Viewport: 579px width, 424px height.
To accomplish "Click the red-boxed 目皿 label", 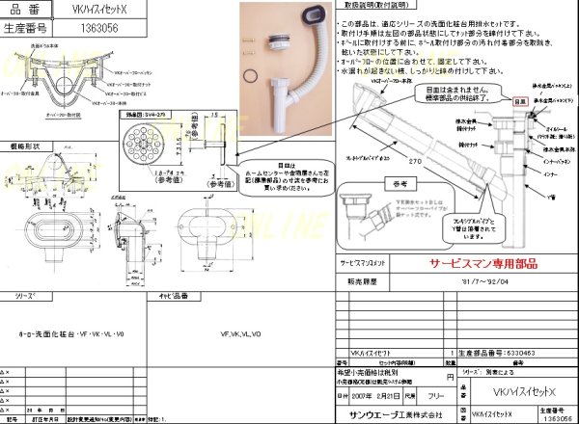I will coord(519,99).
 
